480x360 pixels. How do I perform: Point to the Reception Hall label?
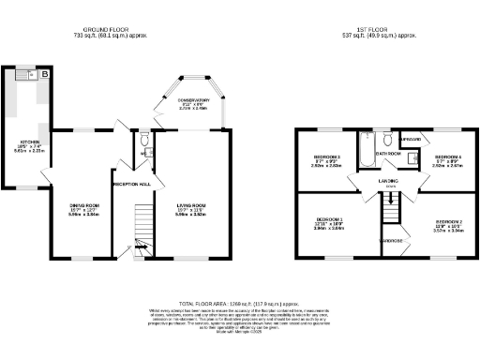[x=132, y=184]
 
